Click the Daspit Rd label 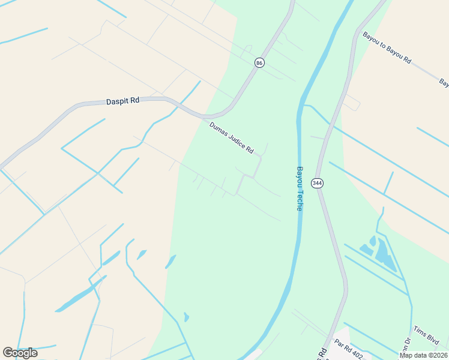tap(122, 101)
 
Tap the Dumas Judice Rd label tap(232, 137)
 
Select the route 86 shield tap(259, 62)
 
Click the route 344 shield tap(318, 183)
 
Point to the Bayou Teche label tap(299, 188)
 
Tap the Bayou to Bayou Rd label tap(387, 48)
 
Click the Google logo tap(20, 353)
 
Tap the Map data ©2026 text tap(423, 355)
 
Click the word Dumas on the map tap(218, 129)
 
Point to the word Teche tap(299, 200)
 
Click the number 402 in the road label tap(359, 355)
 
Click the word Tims tap(420, 332)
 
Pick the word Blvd tap(432, 340)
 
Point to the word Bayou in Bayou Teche tap(299, 177)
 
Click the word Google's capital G tap(8, 353)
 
